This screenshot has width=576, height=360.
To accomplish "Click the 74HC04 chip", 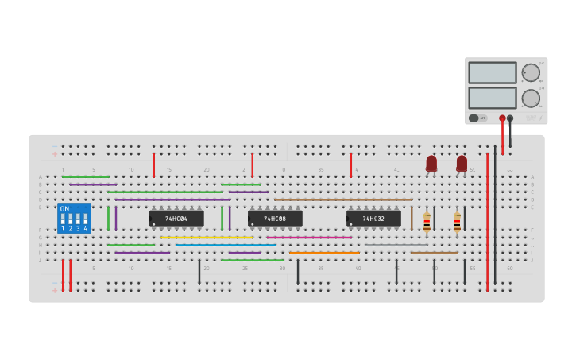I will point(176,219).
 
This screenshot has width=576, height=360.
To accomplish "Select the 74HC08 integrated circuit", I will point(275,219).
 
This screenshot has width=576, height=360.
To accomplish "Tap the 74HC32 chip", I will point(373,219).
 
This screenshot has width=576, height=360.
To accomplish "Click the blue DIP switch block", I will point(74,219).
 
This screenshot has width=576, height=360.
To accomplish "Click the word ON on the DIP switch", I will point(64,209).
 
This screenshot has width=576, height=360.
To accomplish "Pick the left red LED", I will point(431,164).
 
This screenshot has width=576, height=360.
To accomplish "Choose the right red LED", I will point(462,164).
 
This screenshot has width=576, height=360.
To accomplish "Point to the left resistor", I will point(427,223).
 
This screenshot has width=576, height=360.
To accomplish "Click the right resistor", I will point(457,223).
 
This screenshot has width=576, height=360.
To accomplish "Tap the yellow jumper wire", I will point(207,237).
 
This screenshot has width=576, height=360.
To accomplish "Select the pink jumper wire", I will point(309,237).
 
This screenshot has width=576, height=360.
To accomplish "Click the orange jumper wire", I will point(324,253).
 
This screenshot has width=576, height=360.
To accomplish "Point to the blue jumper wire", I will point(226,245).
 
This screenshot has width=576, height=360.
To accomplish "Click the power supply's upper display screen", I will point(493,72).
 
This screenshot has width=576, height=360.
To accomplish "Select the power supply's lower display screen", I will point(493,98).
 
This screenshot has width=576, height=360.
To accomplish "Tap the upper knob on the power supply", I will point(531,72).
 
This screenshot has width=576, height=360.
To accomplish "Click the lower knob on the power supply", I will point(531,99).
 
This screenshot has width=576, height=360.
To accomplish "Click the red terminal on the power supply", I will point(502,118).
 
